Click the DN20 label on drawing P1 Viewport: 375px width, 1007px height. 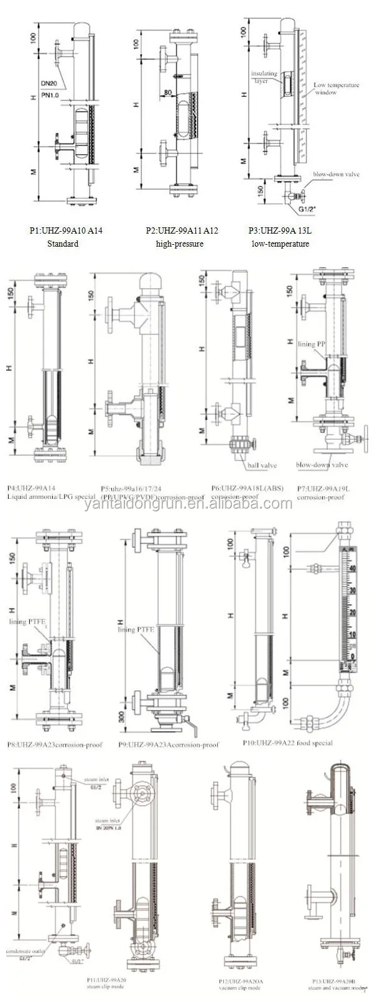50,83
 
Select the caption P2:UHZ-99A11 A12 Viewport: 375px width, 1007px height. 182,230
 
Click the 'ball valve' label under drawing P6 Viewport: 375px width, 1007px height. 262,465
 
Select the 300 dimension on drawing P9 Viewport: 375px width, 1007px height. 122,717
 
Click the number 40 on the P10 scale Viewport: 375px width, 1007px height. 353,568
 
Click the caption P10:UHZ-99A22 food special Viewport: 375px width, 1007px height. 287,742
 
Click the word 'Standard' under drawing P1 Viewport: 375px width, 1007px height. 63,244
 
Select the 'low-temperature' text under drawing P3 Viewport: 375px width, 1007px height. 280,244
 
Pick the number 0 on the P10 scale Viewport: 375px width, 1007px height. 353,657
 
